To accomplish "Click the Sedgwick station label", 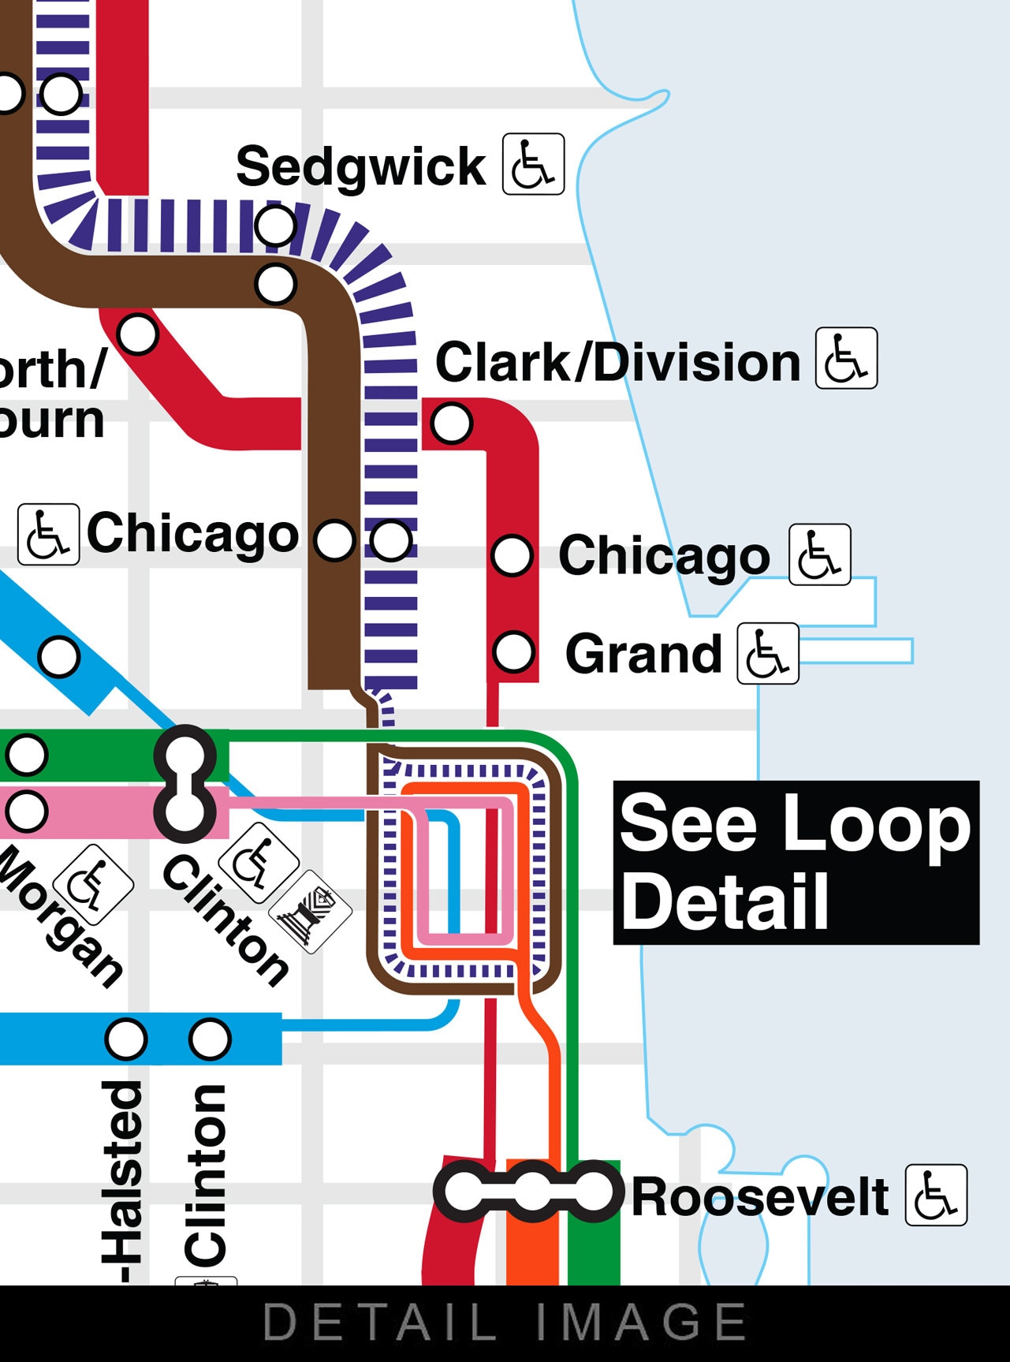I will point(360,166).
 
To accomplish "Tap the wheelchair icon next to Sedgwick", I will point(534,164).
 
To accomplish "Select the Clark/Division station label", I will point(617,362).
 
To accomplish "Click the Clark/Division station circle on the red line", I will point(451,423).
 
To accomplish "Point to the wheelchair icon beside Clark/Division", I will point(846,358).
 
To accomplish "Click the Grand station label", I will point(643,654).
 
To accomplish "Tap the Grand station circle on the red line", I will point(513,652).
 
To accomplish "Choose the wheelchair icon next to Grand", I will point(767,654).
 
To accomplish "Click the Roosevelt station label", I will point(760,1196).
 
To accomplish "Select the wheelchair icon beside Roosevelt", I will point(936,1195).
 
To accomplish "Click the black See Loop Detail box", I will point(796,862).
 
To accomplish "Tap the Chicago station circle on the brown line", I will point(334,540).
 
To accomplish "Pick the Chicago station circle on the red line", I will point(512,555).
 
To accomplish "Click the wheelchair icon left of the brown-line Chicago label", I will point(48,534).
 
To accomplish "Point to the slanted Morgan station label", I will point(60,915).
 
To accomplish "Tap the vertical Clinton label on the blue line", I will point(206,1175).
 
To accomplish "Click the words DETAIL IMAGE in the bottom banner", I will point(505,1322).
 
